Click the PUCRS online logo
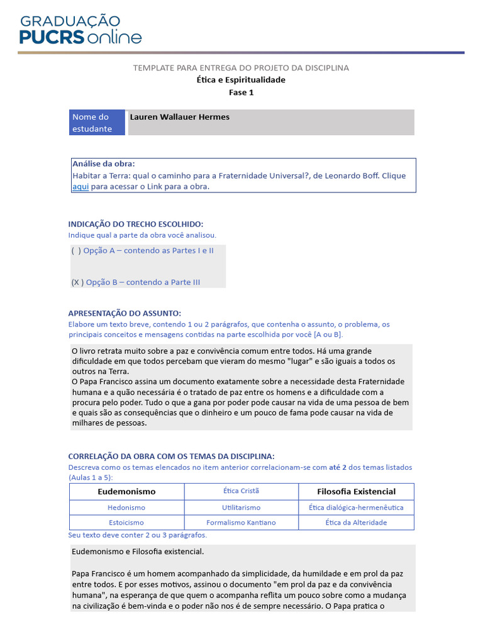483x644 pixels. click(80, 29)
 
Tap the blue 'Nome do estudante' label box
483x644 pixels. click(97, 123)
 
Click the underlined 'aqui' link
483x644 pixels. click(80, 187)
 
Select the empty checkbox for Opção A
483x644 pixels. click(76, 250)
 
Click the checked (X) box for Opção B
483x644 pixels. click(77, 282)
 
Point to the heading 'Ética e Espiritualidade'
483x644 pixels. click(241, 80)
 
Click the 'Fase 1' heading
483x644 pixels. click(241, 92)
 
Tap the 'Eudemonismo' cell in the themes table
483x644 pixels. click(126, 491)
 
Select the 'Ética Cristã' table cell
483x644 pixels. click(241, 491)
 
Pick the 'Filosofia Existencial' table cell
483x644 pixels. click(356, 491)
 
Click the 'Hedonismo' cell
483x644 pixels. click(126, 508)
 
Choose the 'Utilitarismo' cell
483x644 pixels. click(241, 508)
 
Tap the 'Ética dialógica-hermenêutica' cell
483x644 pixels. click(356, 508)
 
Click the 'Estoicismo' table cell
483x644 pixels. click(126, 523)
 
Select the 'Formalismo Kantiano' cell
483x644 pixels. click(241, 523)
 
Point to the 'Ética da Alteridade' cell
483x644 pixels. click(356, 523)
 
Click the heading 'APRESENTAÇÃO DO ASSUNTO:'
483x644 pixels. click(125, 313)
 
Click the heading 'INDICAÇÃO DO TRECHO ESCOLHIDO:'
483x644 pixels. click(136, 225)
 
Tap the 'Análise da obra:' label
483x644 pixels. click(103, 164)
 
